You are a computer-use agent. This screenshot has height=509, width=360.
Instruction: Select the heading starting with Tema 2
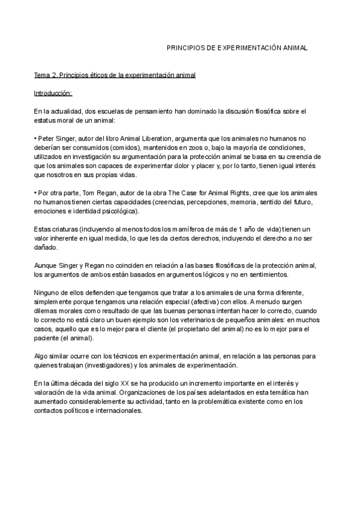[x=115, y=75]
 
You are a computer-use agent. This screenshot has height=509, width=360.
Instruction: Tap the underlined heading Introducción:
[x=53, y=93]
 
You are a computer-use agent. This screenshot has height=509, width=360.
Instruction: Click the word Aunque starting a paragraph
[x=46, y=266]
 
